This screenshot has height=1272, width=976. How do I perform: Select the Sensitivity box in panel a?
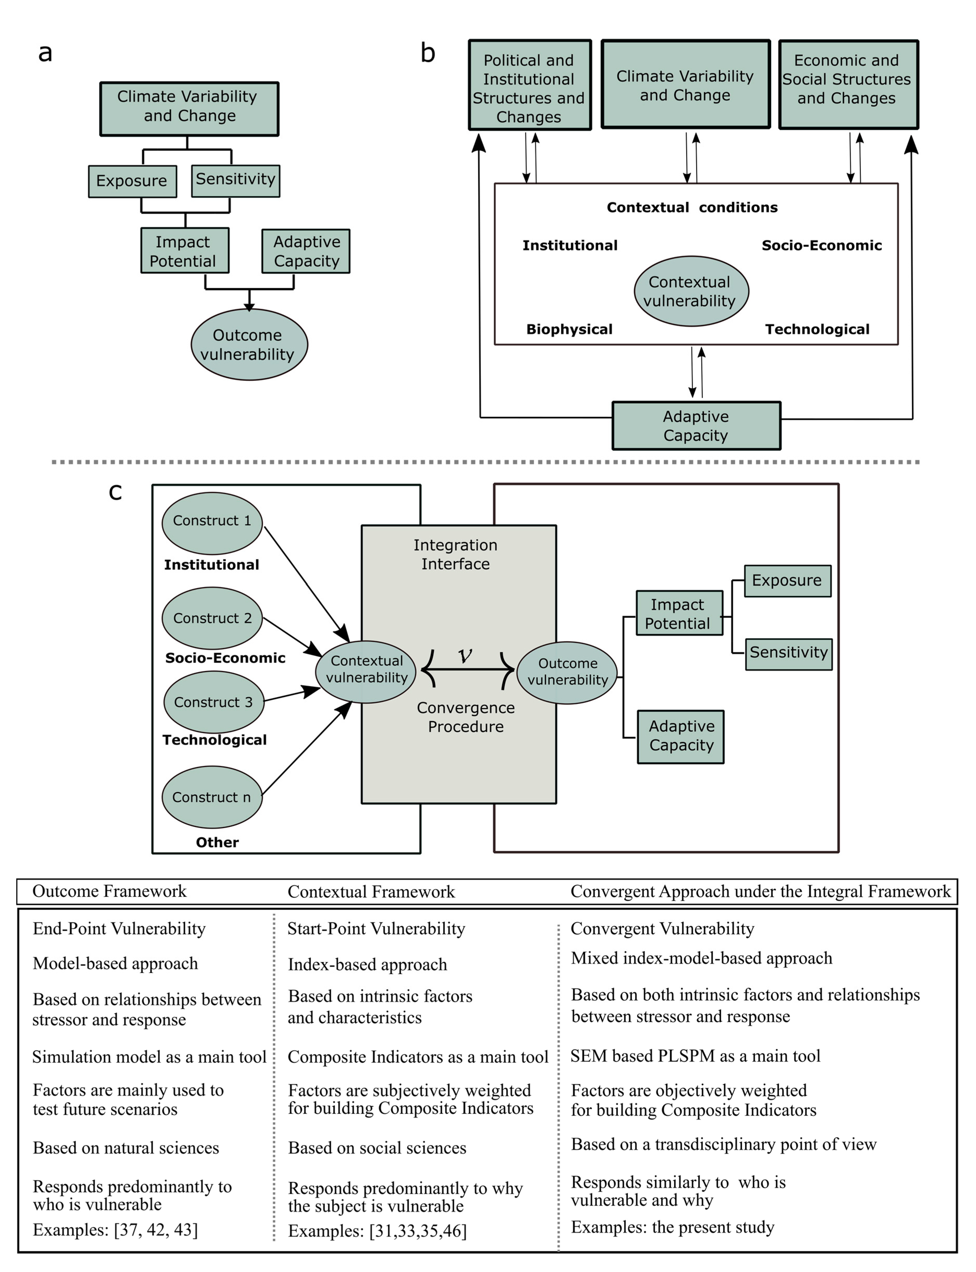click(235, 181)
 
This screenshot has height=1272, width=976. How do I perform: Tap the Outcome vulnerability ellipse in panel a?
click(249, 345)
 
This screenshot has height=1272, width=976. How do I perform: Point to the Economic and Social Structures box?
click(848, 84)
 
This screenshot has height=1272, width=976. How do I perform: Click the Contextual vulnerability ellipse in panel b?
click(691, 291)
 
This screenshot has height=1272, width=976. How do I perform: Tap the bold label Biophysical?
click(569, 330)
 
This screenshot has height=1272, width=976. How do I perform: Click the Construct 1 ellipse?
click(212, 523)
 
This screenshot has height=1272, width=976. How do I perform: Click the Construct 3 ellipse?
click(214, 702)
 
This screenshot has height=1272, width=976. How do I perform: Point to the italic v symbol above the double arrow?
click(465, 655)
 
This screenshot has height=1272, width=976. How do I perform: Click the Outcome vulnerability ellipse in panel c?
click(567, 673)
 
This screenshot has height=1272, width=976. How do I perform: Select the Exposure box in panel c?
click(788, 581)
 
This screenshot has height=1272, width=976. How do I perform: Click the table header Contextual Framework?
click(371, 892)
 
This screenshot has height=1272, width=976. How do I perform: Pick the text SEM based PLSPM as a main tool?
click(695, 1056)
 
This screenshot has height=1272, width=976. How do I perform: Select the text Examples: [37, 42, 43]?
click(115, 1230)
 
